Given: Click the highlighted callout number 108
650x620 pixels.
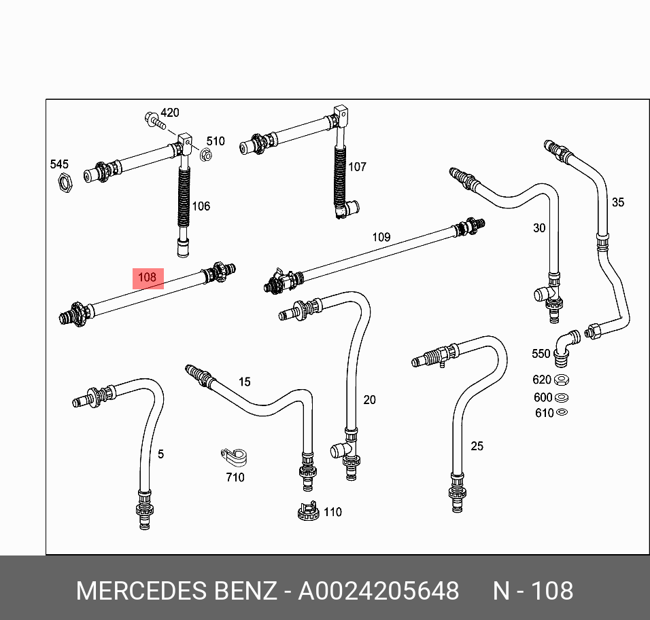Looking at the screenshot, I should (x=148, y=277).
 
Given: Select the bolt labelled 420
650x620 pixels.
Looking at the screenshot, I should (x=154, y=123).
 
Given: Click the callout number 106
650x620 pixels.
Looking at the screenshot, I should (x=201, y=206).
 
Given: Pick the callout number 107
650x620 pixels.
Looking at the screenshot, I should (x=357, y=166).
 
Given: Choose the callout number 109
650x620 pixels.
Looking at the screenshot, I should (x=381, y=237).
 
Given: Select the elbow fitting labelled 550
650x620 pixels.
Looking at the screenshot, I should (x=564, y=344).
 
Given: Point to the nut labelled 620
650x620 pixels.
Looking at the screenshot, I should (x=562, y=380).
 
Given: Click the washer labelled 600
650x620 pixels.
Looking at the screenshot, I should (x=562, y=397).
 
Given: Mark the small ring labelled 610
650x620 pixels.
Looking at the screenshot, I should (x=562, y=412).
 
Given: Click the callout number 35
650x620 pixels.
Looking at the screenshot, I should (x=617, y=202).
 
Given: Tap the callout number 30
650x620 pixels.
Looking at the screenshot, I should (x=539, y=228).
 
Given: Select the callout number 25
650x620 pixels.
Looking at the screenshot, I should (x=477, y=446).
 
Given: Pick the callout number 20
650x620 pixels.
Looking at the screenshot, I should (x=369, y=400).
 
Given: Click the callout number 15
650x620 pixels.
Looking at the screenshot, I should (x=244, y=382).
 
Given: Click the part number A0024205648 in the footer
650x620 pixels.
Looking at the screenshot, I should (x=379, y=591).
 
